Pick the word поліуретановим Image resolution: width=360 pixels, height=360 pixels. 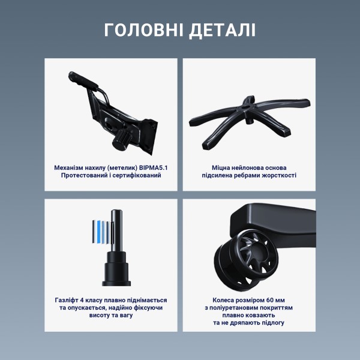pos(238,307)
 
